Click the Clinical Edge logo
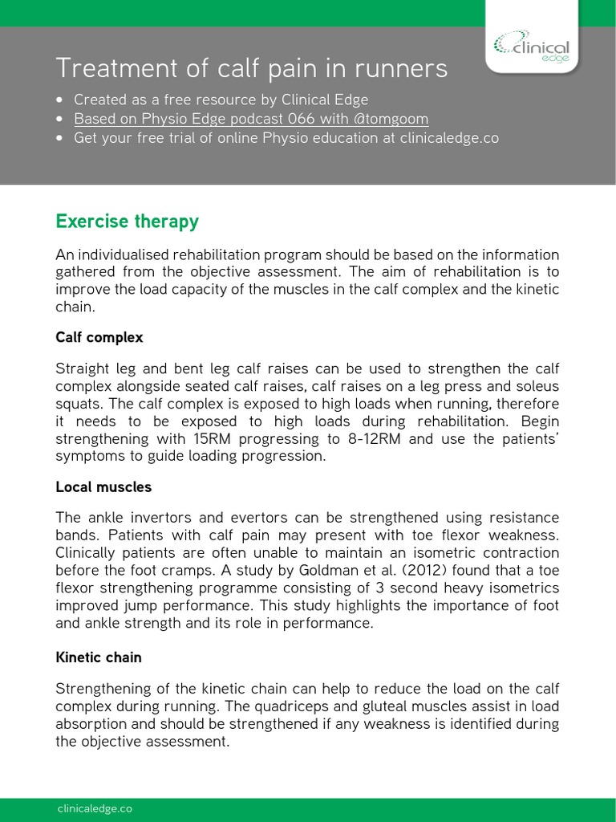[532, 47]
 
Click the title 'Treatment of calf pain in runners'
[250, 69]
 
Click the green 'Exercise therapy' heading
[127, 222]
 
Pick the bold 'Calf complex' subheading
[99, 337]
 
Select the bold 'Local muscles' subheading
[103, 486]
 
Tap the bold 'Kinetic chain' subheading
[98, 657]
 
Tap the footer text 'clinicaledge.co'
[94, 808]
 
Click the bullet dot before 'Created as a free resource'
[62, 100]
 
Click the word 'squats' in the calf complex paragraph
[76, 404]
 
